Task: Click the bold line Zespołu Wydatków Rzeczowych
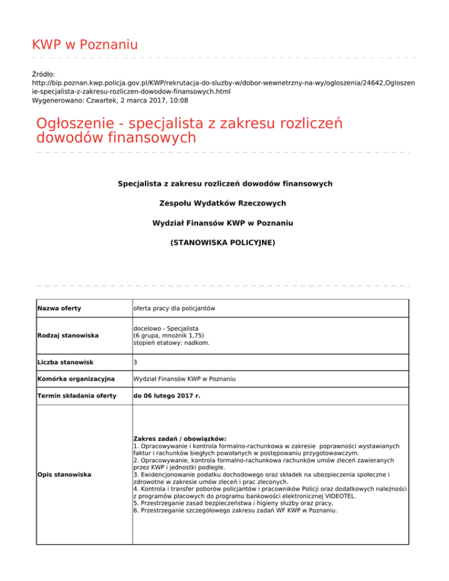(x=223, y=203)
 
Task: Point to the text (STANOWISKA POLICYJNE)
(x=223, y=242)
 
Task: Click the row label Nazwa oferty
(x=59, y=308)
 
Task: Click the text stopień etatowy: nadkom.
(x=171, y=343)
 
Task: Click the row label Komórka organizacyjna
(x=74, y=379)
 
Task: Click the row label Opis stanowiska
(x=64, y=474)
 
